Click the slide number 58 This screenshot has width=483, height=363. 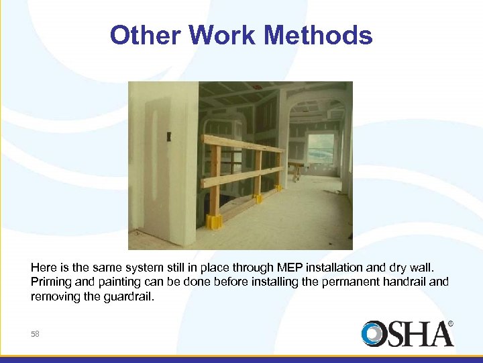[x=35, y=333]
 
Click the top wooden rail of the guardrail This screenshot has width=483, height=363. [x=241, y=143]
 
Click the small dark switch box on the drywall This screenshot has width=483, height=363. [x=169, y=136]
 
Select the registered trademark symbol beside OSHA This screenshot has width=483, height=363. [x=450, y=323]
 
